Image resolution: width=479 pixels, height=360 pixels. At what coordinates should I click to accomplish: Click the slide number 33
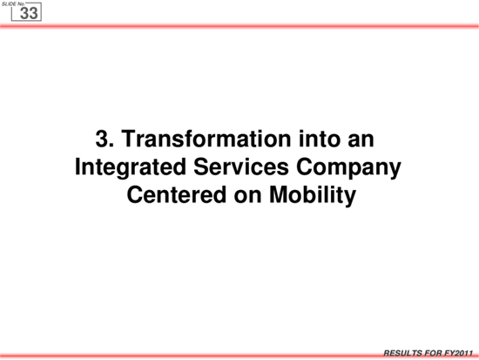[29, 13]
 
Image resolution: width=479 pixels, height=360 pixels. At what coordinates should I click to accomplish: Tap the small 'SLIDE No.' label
[13, 4]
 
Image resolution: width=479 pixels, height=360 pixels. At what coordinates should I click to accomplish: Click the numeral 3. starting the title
[105, 139]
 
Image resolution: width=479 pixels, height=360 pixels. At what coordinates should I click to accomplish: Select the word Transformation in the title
[206, 139]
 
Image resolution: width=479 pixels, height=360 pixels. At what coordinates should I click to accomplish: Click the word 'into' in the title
[320, 139]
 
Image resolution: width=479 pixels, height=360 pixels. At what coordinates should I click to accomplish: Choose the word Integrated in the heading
[131, 168]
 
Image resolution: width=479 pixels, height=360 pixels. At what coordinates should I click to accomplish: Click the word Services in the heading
[241, 167]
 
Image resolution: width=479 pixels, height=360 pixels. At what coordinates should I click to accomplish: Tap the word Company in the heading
[348, 168]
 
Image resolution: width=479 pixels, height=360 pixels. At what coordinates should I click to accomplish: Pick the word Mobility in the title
[313, 196]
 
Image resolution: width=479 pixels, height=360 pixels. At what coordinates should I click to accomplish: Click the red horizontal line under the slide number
[239, 26]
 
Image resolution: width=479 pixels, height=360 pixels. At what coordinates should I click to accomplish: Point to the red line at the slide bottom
[239, 356]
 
